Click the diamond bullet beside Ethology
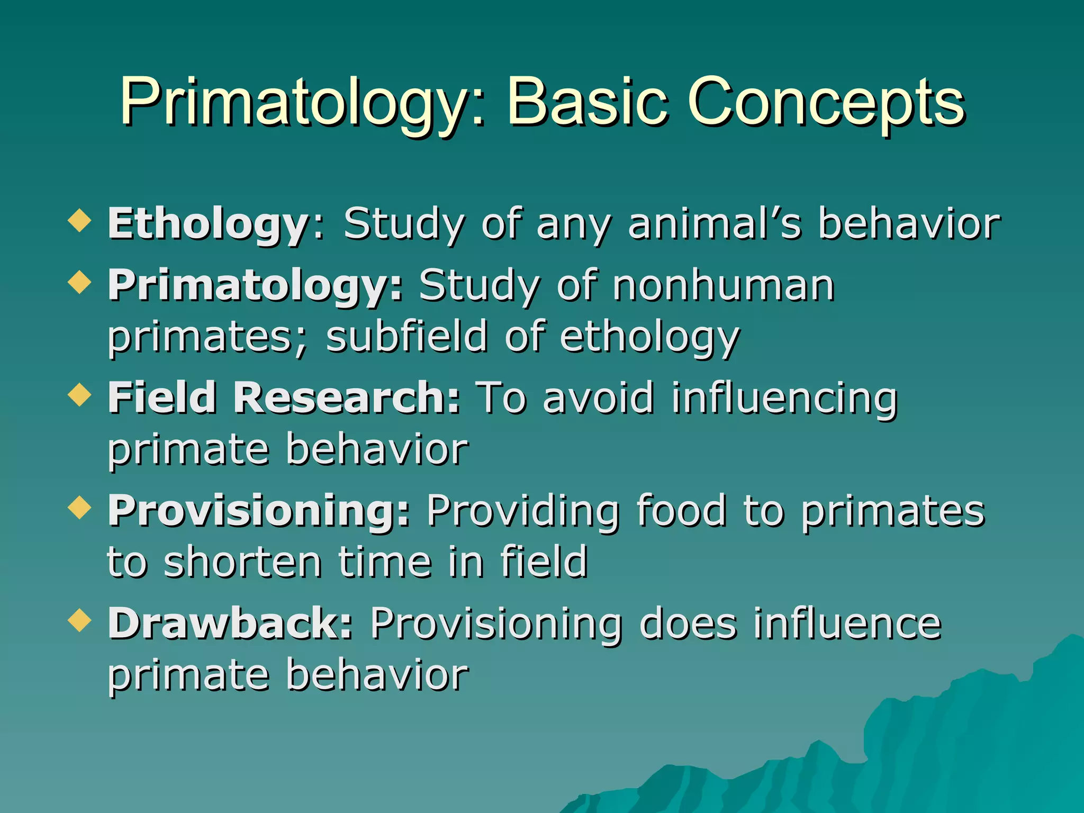(x=79, y=220)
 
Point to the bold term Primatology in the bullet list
(x=254, y=286)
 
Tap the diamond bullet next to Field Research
(x=79, y=394)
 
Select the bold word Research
(x=347, y=398)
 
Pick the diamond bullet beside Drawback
(x=79, y=620)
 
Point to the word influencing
(x=784, y=398)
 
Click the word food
(x=681, y=511)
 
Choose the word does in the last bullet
(x=688, y=624)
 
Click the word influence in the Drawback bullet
(x=847, y=624)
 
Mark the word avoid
(x=598, y=398)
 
